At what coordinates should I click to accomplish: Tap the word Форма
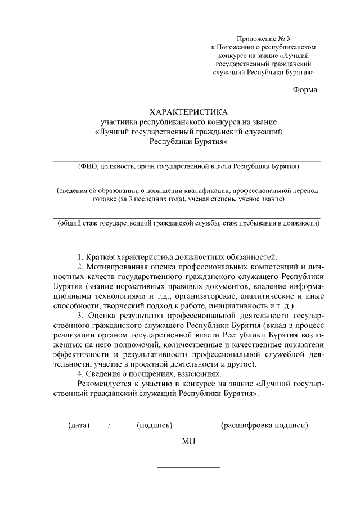pos(305,90)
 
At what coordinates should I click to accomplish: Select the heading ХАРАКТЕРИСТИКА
pos(189,112)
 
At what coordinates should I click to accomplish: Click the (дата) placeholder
pos(79,425)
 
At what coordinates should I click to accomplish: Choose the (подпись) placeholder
pos(155,425)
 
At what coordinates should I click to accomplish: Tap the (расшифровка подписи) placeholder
pos(264,425)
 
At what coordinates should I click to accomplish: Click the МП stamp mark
pos(188,440)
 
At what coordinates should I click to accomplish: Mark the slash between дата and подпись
pos(109,425)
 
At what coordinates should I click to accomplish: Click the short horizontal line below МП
pos(188,467)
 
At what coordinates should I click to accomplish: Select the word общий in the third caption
pos(70,223)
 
